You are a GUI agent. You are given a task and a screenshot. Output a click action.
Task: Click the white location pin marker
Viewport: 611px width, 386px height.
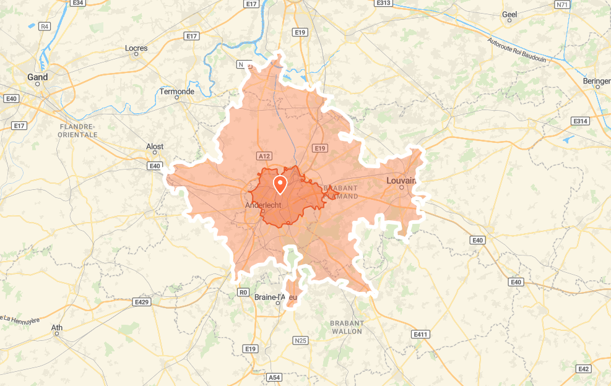[280, 184]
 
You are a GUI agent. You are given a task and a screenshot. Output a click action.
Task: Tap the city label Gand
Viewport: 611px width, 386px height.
[37, 77]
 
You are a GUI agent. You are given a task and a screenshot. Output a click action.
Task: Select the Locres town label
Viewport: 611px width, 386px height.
[136, 48]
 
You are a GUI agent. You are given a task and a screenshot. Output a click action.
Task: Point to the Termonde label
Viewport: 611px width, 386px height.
[177, 92]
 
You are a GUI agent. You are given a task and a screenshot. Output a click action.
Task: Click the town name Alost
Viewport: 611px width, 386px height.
[155, 147]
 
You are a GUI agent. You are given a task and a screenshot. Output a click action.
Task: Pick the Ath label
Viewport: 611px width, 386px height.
[57, 327]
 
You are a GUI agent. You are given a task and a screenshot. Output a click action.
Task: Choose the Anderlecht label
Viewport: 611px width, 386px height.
[264, 205]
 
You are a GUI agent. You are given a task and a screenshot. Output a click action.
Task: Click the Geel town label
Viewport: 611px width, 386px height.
[509, 14]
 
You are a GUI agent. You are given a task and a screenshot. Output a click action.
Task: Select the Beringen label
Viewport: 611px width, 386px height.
[597, 81]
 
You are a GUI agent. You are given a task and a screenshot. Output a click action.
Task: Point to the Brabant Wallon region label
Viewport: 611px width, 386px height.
[346, 327]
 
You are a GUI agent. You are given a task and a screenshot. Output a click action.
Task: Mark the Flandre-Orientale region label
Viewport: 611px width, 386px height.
[77, 130]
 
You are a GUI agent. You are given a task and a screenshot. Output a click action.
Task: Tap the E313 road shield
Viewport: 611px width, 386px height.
[383, 3]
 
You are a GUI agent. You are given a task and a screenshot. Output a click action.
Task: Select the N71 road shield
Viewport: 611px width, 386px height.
[562, 4]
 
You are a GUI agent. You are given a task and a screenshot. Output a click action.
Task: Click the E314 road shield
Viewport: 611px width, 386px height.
[580, 121]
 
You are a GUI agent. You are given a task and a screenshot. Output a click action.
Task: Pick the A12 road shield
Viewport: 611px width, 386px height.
[264, 156]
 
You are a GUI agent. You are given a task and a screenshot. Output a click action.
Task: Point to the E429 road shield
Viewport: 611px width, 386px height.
[141, 302]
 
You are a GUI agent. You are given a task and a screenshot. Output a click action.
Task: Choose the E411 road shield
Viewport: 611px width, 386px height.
[420, 335]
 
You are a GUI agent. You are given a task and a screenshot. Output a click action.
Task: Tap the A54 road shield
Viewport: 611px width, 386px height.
[274, 377]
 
